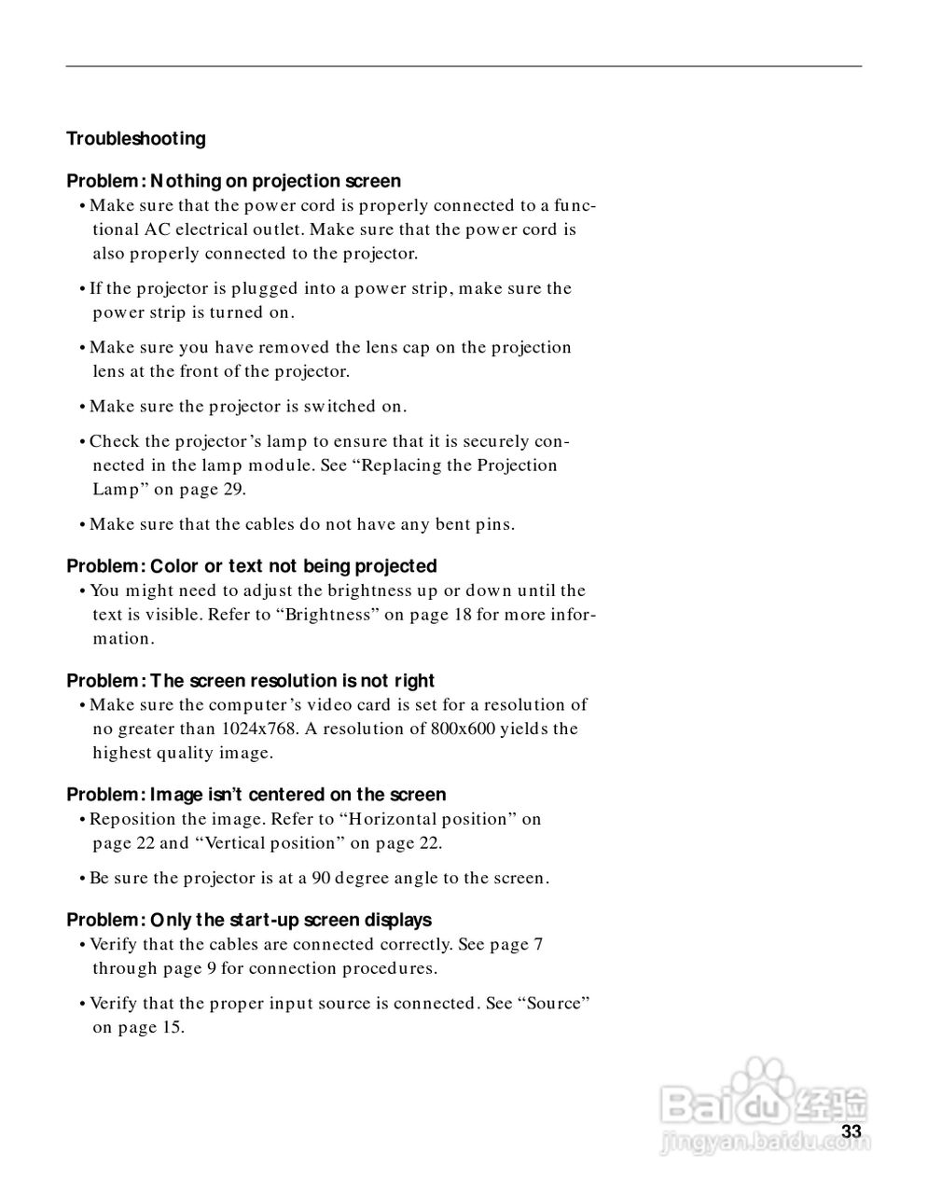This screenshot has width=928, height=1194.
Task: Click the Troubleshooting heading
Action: tap(136, 139)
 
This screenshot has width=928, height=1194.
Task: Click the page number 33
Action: tap(851, 1132)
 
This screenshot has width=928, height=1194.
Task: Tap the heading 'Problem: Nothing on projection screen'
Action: tap(233, 181)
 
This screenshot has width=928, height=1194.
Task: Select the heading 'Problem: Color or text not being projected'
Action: tap(251, 566)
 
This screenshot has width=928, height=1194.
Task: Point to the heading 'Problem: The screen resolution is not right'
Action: tap(250, 681)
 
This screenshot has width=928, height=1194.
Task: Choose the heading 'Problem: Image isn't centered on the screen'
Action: tap(256, 795)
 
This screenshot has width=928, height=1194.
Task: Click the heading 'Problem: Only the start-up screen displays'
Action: tap(249, 920)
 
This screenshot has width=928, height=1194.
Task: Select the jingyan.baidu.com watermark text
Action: tap(746, 1141)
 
